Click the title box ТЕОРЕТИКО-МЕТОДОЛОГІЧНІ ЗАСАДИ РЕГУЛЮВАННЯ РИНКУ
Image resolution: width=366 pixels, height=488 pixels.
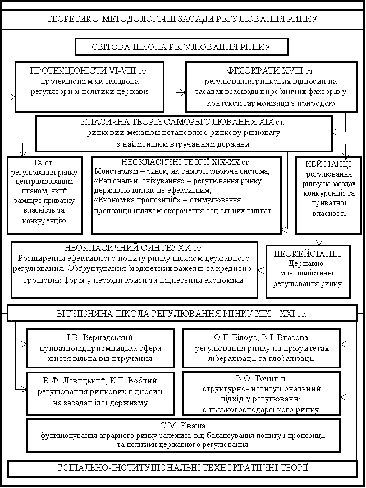coord(182,19)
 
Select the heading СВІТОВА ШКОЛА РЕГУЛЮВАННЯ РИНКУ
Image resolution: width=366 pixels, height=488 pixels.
coord(181,47)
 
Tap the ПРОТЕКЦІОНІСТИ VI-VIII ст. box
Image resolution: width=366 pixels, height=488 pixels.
coord(89,87)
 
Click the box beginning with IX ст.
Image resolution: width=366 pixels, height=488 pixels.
coord(44,195)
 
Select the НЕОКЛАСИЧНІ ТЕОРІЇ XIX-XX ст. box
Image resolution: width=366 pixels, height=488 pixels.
coord(186,195)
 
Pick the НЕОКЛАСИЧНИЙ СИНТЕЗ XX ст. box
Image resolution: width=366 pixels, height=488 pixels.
coord(134,269)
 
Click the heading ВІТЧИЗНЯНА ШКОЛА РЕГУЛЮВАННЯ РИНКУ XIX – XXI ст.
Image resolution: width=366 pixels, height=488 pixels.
coord(182,313)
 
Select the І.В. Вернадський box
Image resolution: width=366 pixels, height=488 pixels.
coord(100,347)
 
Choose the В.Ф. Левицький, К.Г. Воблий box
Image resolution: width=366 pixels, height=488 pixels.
coord(100,392)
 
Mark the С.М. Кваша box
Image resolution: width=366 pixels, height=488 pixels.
coord(182,435)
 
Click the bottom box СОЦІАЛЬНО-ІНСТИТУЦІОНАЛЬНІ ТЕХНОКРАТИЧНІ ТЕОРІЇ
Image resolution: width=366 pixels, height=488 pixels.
coord(182,468)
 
